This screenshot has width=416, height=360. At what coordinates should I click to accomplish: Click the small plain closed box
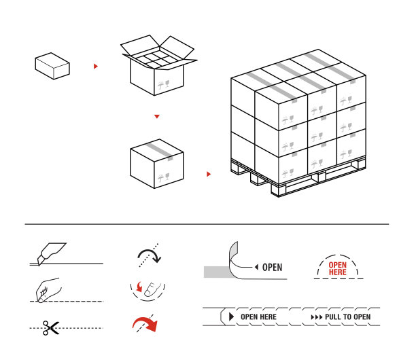pyautogui.click(x=52, y=66)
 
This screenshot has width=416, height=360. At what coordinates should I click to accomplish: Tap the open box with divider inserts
pyautogui.click(x=158, y=65)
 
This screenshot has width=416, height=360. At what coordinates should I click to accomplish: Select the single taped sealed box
pyautogui.click(x=157, y=164)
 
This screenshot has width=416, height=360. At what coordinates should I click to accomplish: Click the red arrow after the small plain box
pyautogui.click(x=96, y=67)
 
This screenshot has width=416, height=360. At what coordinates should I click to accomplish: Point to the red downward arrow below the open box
pyautogui.click(x=157, y=116)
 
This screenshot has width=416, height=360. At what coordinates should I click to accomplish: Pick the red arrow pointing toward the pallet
pyautogui.click(x=209, y=174)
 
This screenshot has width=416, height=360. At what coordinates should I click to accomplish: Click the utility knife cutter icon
pyautogui.click(x=52, y=254)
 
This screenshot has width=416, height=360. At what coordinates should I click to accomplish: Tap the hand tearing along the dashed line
pyautogui.click(x=48, y=290)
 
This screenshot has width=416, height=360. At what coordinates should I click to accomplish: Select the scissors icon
pyautogui.click(x=51, y=328)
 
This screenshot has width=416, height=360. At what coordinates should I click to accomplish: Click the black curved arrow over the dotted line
pyautogui.click(x=149, y=255)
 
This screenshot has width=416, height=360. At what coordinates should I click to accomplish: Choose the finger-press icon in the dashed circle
pyautogui.click(x=148, y=291)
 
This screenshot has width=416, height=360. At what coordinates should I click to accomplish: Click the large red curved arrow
pyautogui.click(x=145, y=324)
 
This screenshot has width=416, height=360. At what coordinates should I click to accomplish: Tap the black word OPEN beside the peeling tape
pyautogui.click(x=272, y=268)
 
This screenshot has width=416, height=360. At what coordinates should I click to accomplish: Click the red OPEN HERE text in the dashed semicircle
pyautogui.click(x=337, y=268)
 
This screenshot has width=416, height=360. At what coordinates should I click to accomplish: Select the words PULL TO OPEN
pyautogui.click(x=348, y=317)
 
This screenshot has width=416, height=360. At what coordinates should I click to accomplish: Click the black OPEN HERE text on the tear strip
pyautogui.click(x=259, y=317)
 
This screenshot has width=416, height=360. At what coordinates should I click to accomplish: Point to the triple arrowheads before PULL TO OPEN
pyautogui.click(x=317, y=317)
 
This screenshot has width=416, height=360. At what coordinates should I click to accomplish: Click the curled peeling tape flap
pyautogui.click(x=233, y=259)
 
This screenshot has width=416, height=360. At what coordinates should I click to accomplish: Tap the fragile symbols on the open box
pyautogui.click(x=164, y=85)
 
